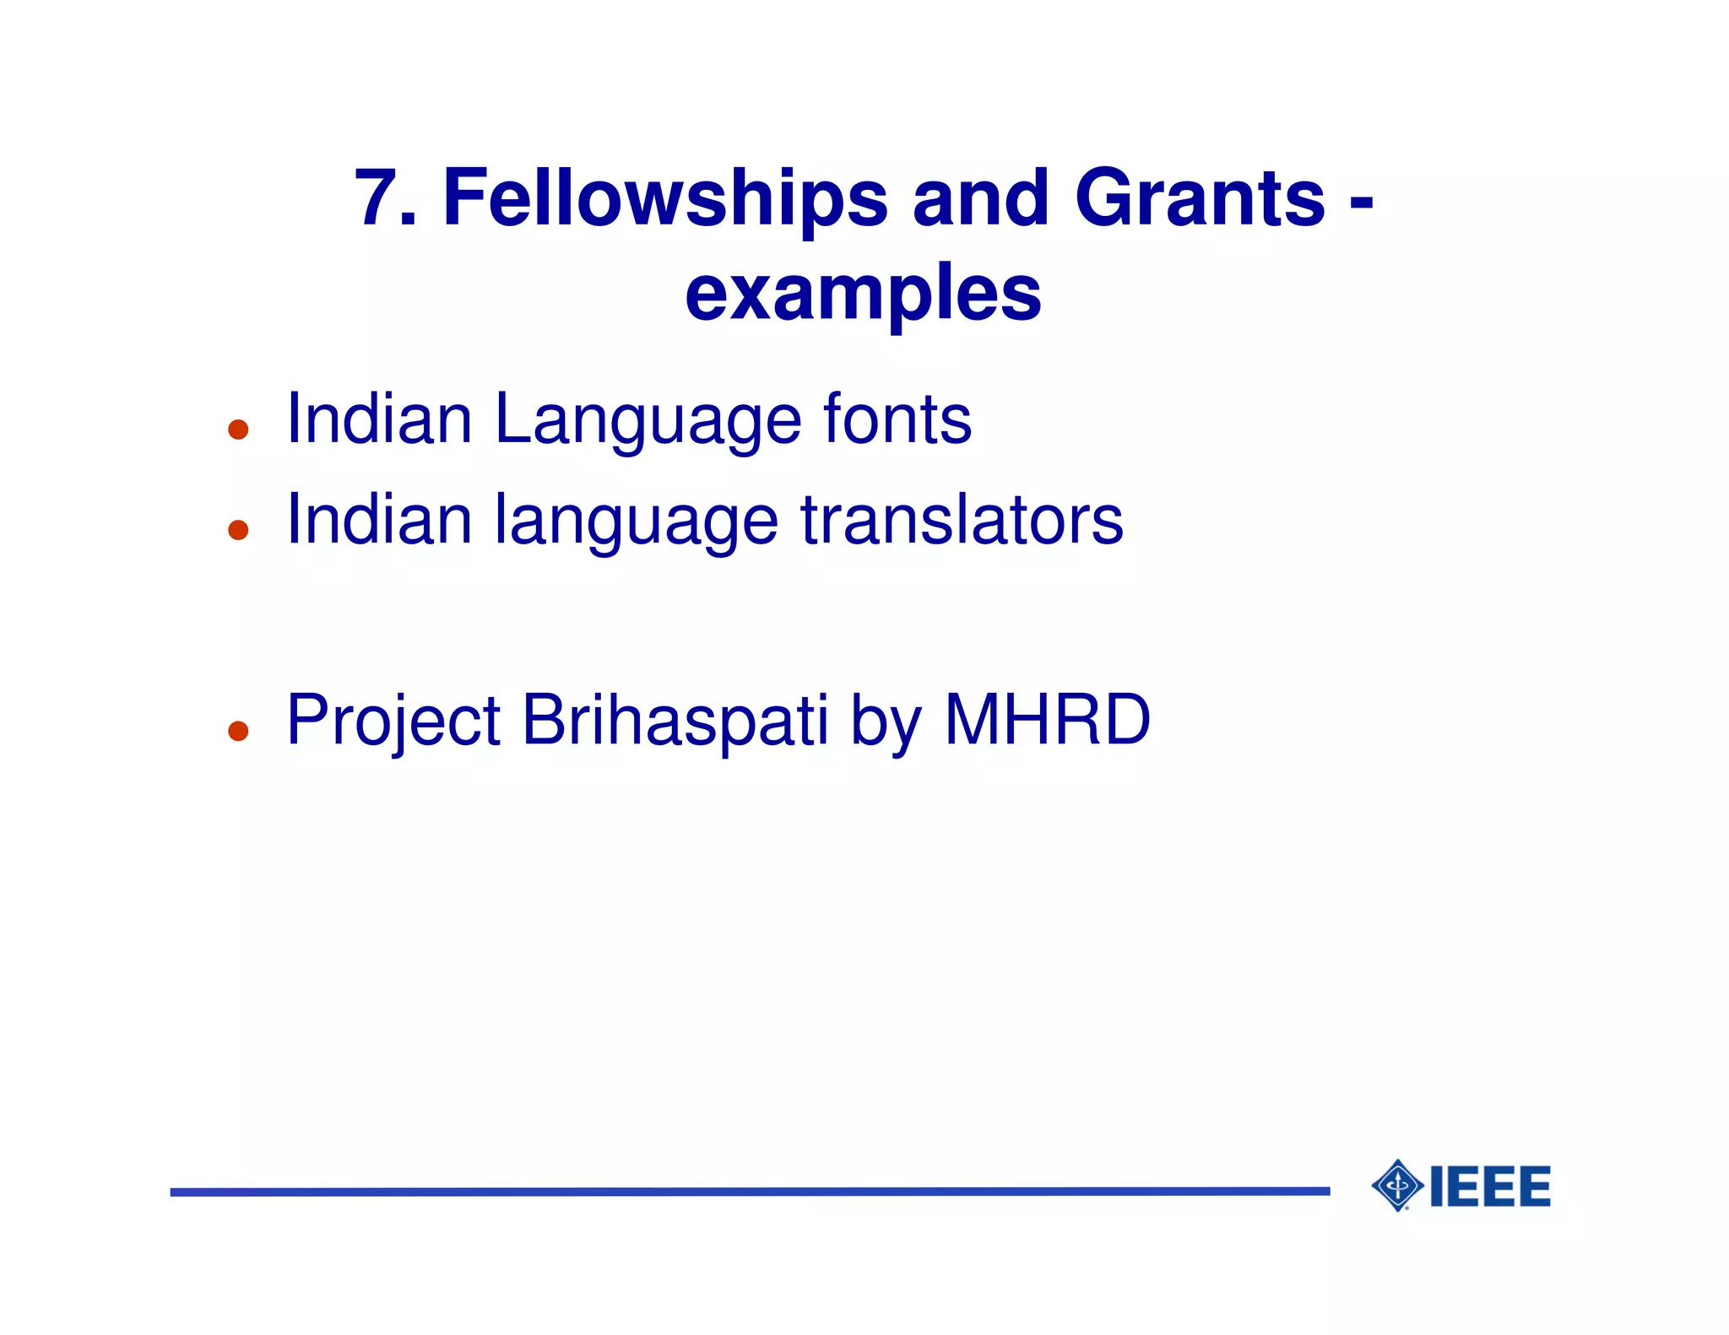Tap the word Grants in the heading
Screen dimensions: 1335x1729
1200,198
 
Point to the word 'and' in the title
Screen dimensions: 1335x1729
980,198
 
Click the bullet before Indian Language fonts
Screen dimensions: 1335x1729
238,430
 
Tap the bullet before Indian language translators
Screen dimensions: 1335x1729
238,530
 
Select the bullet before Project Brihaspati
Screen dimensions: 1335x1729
238,731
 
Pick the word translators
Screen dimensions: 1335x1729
962,520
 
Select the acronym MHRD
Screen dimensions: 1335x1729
1047,720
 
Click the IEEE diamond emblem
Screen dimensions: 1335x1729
1398,1186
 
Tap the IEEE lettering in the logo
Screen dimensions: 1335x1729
1490,1186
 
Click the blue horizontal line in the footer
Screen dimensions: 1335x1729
750,1192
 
